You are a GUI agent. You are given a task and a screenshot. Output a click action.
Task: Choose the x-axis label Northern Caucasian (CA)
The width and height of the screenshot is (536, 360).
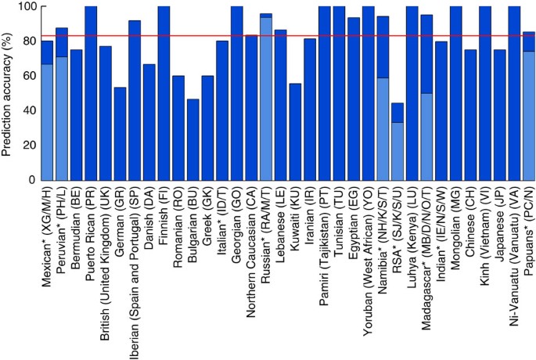coord(251,243)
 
